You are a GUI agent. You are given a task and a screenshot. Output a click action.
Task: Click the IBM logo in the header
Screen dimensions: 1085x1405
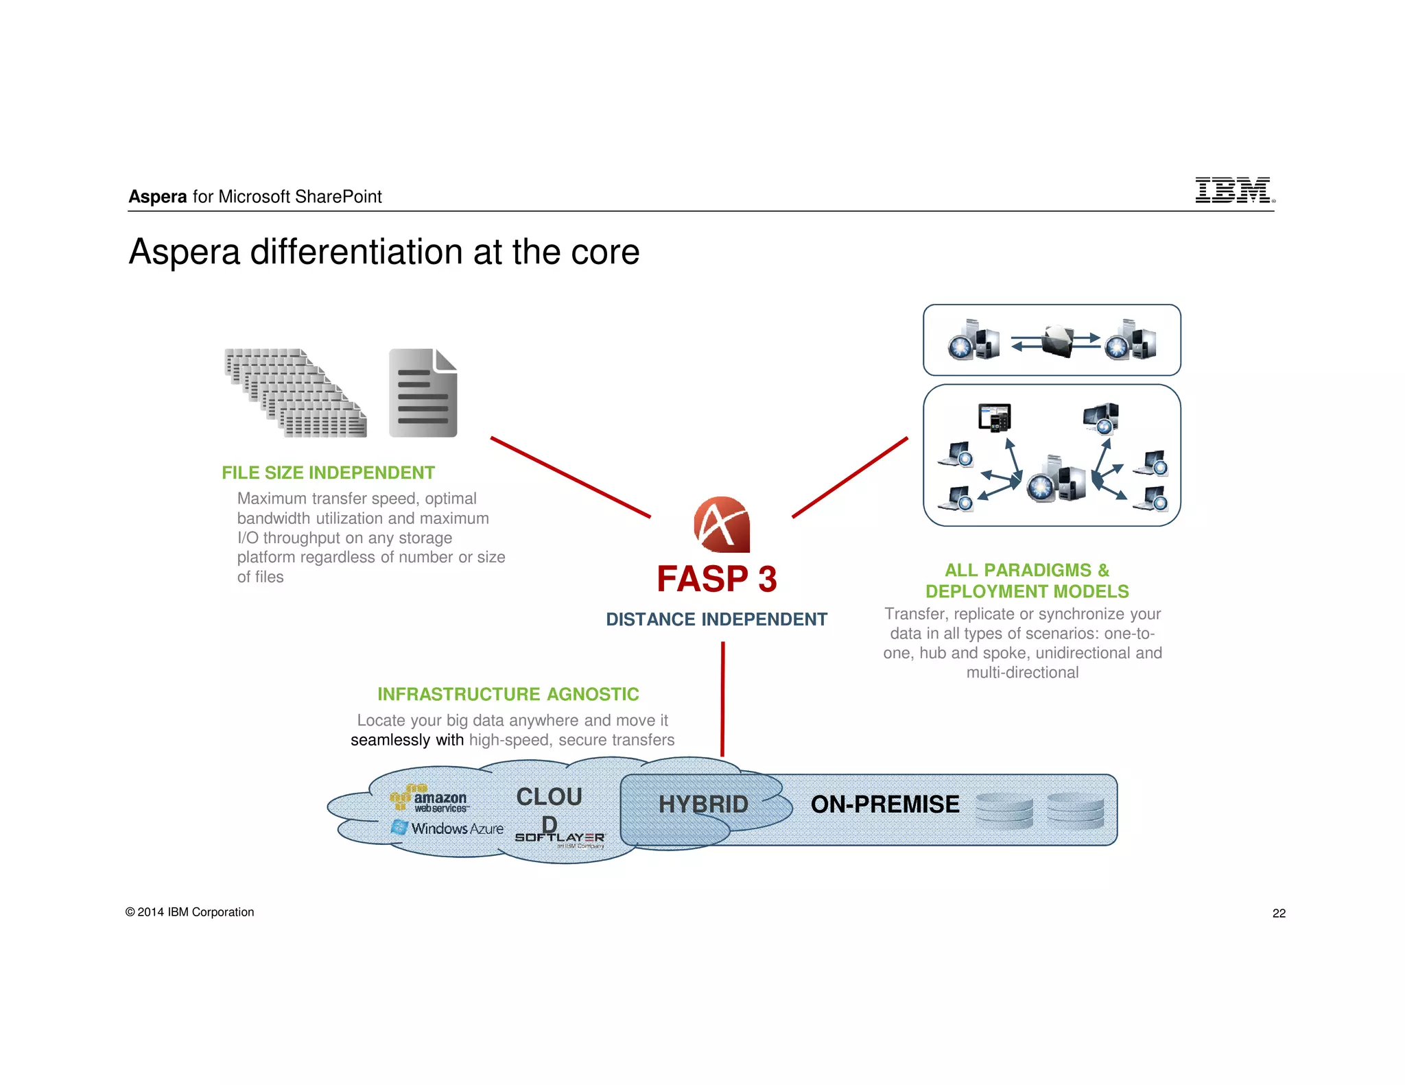1233,190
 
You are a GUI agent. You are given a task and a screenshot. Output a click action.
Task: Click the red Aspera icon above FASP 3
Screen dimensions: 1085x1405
722,525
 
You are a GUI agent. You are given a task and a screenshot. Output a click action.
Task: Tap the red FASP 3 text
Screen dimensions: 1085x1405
716,579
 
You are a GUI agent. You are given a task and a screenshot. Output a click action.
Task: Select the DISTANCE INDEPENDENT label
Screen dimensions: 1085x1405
716,619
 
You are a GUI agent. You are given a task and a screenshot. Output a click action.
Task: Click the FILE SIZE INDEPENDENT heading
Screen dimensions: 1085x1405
328,473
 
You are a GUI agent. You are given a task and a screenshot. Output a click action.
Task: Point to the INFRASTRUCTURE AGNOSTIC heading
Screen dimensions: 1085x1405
508,694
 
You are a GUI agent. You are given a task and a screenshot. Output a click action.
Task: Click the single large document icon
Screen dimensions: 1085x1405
423,393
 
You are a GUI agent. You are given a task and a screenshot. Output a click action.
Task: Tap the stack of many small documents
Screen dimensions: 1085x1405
296,393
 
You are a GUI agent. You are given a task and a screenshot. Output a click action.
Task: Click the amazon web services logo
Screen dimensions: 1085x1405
429,799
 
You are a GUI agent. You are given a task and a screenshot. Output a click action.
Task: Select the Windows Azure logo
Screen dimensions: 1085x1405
447,828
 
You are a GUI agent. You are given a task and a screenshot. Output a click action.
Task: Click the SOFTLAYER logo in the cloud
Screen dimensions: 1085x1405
560,838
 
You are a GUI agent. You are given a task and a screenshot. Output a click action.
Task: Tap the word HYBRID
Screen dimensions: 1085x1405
703,804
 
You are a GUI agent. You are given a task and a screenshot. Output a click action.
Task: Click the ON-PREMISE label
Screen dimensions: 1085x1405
885,804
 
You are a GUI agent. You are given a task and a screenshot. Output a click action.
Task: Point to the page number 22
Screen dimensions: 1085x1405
1279,913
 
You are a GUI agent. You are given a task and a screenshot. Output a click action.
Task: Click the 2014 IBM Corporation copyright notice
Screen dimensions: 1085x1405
190,912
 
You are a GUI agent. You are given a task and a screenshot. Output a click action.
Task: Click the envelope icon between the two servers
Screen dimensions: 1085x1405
1057,340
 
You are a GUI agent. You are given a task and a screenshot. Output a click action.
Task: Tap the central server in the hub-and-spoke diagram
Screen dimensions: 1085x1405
1056,479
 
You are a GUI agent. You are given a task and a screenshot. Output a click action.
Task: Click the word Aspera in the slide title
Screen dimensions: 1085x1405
184,252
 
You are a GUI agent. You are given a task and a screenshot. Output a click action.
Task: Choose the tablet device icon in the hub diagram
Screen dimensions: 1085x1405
994,417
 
